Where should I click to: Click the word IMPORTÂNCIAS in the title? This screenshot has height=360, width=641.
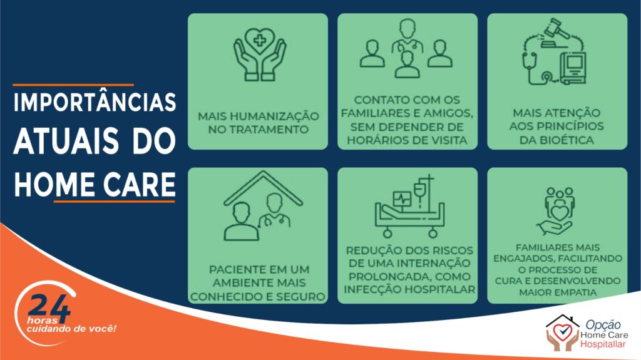click(95, 102)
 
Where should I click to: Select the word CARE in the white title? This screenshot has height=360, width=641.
click(140, 185)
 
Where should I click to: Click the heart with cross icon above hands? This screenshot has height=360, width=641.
click(259, 41)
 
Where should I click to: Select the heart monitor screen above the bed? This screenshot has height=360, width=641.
click(403, 199)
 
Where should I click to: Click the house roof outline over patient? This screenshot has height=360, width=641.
click(264, 188)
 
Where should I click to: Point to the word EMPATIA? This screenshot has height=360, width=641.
click(558, 292)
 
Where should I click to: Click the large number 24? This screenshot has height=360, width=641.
click(49, 306)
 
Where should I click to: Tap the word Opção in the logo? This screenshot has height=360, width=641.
click(603, 325)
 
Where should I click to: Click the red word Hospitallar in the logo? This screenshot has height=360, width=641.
click(603, 344)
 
